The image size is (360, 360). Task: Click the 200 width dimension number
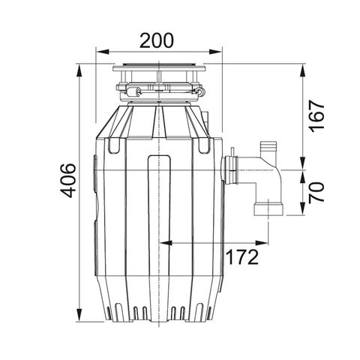coord(156,40)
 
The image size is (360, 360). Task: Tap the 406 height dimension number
coord(67,181)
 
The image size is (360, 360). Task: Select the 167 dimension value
coord(316,116)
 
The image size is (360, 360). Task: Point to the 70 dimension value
coord(316,193)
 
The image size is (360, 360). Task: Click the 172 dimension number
coord(241,257)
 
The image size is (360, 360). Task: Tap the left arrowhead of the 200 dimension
coord(103,52)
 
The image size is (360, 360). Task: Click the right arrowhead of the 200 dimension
coord(215,52)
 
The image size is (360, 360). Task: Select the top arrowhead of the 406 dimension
coord(79,70)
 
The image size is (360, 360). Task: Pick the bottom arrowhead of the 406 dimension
coord(79,315)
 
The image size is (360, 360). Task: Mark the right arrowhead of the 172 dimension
coord(262,243)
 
